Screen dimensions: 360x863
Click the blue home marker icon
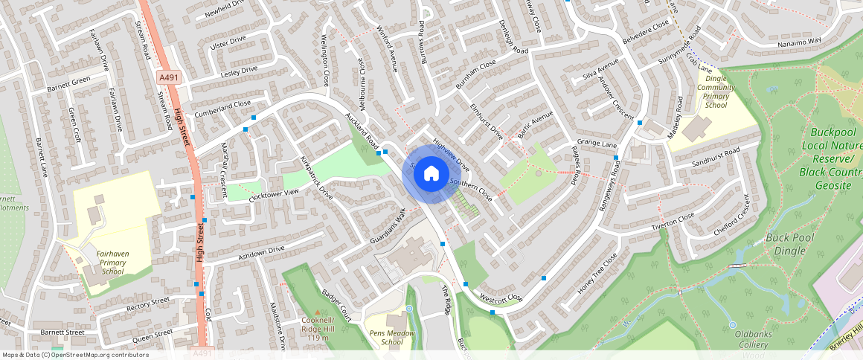tap(431, 174)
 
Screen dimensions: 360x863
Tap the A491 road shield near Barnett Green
tap(167, 77)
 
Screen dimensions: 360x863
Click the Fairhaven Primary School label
tap(112, 263)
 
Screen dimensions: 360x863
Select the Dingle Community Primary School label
tap(716, 88)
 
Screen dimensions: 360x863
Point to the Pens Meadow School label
tap(392, 338)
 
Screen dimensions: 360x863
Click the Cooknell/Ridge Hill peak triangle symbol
tap(319, 312)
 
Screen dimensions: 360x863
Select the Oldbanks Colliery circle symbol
tap(732, 325)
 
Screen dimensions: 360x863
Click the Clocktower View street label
tap(274, 196)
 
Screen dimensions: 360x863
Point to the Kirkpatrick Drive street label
tap(316, 178)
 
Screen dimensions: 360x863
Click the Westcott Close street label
tap(501, 297)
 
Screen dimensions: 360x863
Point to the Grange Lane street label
tap(597, 143)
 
